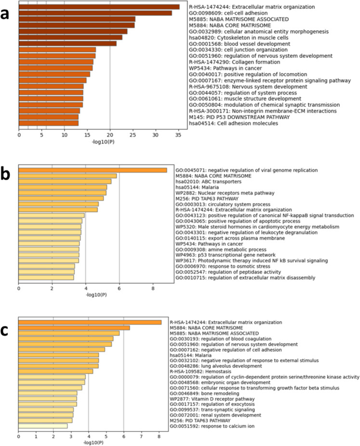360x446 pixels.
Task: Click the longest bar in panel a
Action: pyautogui.click(x=99, y=7)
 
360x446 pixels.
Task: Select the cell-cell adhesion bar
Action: pyautogui.click(x=95, y=13)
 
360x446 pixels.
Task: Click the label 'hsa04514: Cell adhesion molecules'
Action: pyautogui.click(x=233, y=123)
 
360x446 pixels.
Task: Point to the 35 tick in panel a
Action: pyautogui.click(x=178, y=135)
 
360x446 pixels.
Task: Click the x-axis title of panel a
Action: pyautogui.click(x=103, y=142)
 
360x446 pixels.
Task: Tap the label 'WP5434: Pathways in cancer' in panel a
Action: pyautogui.click(x=226, y=68)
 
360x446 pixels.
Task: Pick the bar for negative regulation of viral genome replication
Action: pyautogui.click(x=93, y=170)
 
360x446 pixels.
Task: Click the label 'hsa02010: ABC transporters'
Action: pyautogui.click(x=209, y=182)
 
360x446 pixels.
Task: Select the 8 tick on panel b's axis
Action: pyautogui.click(x=153, y=288)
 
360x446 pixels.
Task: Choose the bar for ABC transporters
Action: pyautogui.click(x=65, y=181)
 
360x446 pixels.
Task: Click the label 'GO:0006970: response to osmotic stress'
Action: pyautogui.click(x=223, y=267)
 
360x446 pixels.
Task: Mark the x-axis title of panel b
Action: pyautogui.click(x=96, y=295)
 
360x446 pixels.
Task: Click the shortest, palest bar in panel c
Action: pyautogui.click(x=43, y=426)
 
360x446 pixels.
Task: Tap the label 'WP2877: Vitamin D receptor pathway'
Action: pyautogui.click(x=212, y=399)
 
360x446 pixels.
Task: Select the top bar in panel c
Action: pyautogui.click(x=90, y=322)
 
